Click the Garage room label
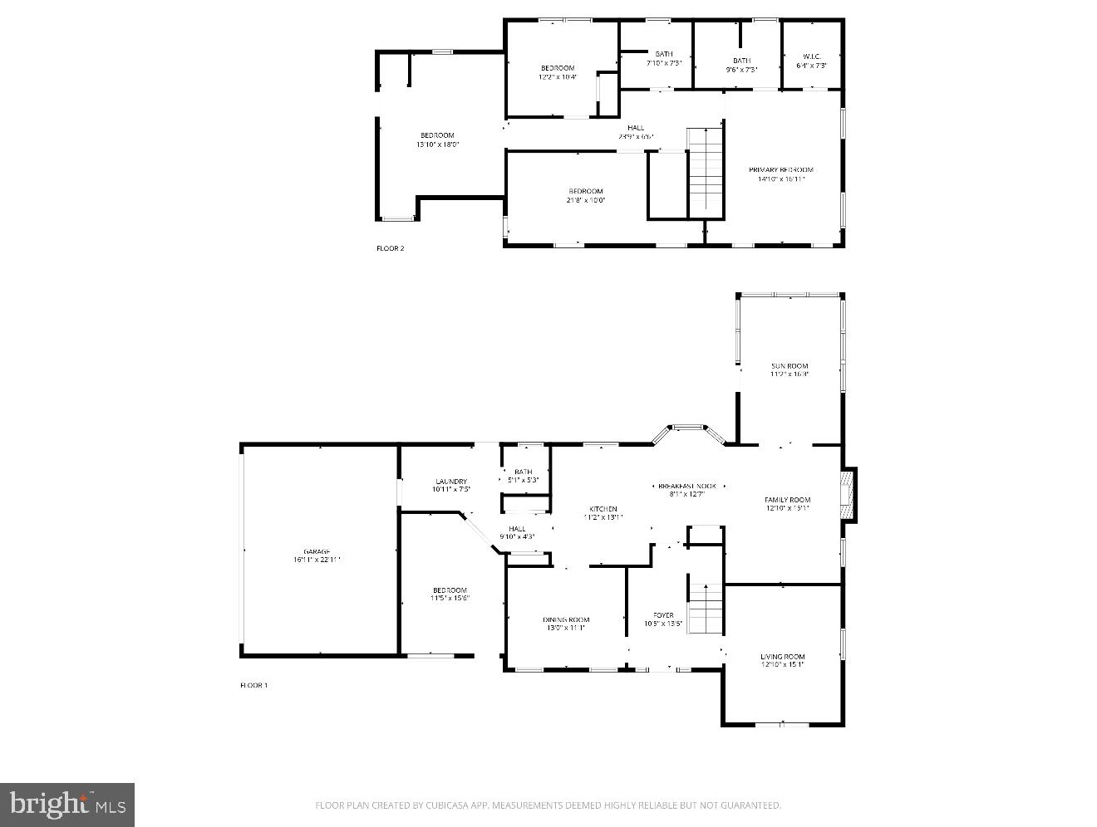[317, 552]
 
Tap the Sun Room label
[789, 366]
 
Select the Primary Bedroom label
[780, 170]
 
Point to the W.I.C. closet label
[811, 56]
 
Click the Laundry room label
[451, 482]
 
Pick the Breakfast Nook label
[686, 486]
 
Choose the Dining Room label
[566, 619]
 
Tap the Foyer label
[663, 615]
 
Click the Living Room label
[782, 657]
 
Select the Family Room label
[787, 500]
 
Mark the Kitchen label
[603, 509]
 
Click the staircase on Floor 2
[706, 170]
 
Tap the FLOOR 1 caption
[253, 685]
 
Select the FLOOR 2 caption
[390, 248]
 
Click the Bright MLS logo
[67, 805]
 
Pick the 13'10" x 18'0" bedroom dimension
[437, 144]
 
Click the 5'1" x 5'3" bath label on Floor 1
[524, 480]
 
